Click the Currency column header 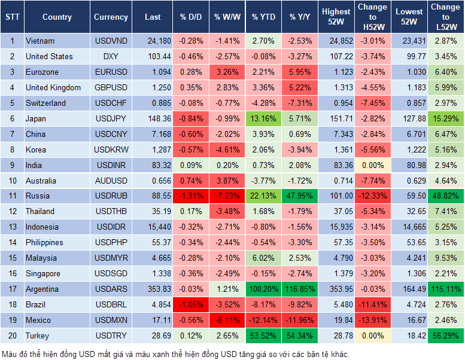coord(111,17)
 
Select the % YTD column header coord(263,17)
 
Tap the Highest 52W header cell coord(336,17)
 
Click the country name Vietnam coord(40,41)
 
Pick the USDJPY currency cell coord(111,118)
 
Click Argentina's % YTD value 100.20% coord(263,289)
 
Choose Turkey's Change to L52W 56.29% coord(445,335)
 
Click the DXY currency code coord(111,56)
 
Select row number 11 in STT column coord(12,196)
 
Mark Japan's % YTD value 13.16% coord(263,118)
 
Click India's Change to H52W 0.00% coord(372,164)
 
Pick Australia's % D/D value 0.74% coord(191,180)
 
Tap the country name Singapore coord(42,273)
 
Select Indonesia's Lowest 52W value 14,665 coord(409,227)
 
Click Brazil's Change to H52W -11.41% coord(372,304)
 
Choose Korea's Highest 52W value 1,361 coord(336,150)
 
